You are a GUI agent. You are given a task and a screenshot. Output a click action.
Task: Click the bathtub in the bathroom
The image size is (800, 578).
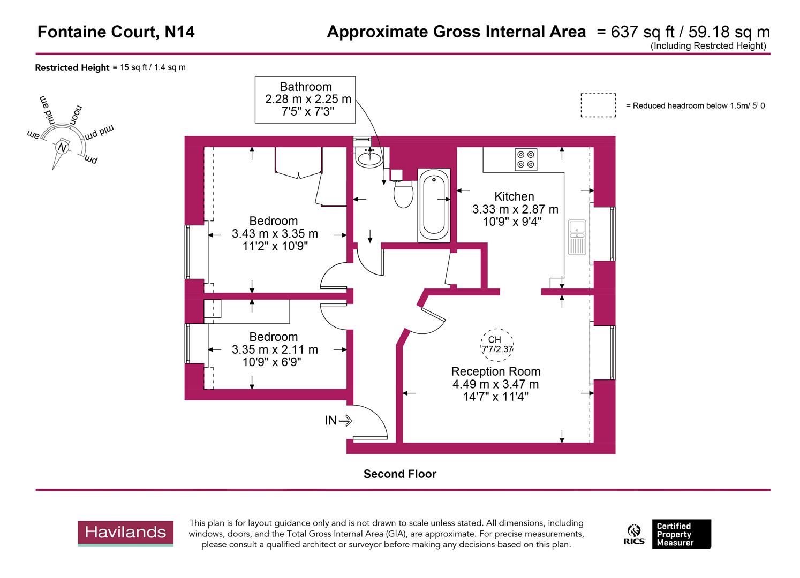[434, 206]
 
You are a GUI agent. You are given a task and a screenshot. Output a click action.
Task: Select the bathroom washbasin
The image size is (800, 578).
[369, 158]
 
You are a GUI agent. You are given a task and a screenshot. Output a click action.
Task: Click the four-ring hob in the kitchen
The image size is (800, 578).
[525, 159]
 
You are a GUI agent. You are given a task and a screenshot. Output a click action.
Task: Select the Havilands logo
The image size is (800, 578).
[126, 533]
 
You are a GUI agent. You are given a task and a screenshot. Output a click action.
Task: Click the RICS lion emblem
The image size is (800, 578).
[634, 534]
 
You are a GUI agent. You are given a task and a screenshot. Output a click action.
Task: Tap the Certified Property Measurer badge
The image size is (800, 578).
[681, 534]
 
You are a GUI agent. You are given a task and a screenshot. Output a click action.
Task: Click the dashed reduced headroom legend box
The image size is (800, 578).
[598, 105]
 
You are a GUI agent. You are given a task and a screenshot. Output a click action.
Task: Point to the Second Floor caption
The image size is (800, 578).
[399, 474]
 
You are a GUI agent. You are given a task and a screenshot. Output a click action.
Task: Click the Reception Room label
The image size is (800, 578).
[495, 371]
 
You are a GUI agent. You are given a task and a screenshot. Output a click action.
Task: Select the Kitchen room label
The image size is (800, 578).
[514, 196]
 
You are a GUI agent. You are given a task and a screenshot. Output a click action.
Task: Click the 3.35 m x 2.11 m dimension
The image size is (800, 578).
[275, 349]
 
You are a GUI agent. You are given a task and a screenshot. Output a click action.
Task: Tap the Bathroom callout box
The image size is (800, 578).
[305, 100]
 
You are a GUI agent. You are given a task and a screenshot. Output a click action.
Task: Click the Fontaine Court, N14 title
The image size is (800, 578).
[116, 32]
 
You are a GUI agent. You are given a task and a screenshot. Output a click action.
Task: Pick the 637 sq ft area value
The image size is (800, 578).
[632, 32]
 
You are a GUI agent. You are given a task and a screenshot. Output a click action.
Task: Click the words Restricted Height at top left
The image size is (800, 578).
[72, 67]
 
